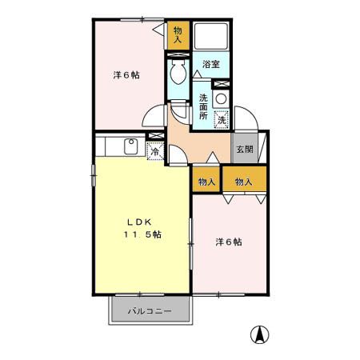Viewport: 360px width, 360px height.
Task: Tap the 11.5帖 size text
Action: point(142,234)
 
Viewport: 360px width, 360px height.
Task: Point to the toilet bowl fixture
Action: point(178,74)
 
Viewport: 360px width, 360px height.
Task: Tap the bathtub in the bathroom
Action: point(213,35)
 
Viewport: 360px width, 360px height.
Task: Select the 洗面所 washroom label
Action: point(203,107)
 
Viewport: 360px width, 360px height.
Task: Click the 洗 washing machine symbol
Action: point(222,119)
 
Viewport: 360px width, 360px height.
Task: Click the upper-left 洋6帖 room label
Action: point(126,75)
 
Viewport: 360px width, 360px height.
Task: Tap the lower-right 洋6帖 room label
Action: point(229,242)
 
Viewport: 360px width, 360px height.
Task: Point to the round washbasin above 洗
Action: point(221,98)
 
